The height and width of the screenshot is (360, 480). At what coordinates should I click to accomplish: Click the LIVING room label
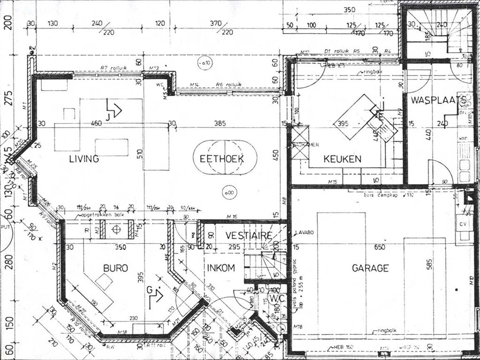tap(84, 158)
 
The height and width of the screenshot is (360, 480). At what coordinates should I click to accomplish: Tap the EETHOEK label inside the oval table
tap(222, 159)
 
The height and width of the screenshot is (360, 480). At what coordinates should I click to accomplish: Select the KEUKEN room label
tap(342, 159)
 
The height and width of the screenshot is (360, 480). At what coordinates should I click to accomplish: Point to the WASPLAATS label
tap(438, 100)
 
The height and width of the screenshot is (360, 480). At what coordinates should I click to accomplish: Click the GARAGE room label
tap(370, 268)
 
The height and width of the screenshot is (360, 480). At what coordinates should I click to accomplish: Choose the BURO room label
tap(116, 268)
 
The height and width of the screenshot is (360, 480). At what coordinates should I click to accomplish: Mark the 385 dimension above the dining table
tap(220, 124)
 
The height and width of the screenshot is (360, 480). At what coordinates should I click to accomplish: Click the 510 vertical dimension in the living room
tap(140, 153)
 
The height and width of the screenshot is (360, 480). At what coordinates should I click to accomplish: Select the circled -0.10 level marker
tap(204, 63)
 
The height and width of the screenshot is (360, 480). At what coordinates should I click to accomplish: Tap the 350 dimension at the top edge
tap(349, 9)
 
